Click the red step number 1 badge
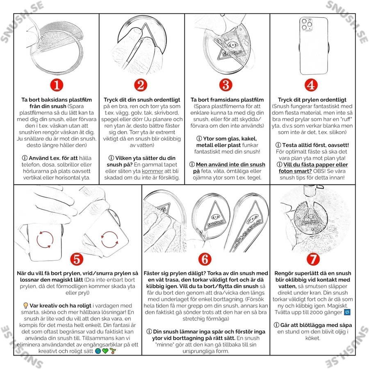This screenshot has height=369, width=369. click(x=57, y=85)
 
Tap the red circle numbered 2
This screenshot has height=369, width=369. click(x=141, y=85)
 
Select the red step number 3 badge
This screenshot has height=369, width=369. click(x=226, y=85)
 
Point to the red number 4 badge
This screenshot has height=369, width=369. click(x=311, y=85)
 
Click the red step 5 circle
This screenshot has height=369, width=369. click(x=77, y=259)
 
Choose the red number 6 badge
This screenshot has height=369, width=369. click(x=205, y=259)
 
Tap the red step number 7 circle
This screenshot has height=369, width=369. click(x=313, y=259)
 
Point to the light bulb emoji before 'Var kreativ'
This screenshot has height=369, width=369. click(x=26, y=306)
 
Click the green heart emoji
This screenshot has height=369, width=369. click(x=105, y=351)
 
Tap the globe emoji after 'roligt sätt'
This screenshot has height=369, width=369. click(x=98, y=351)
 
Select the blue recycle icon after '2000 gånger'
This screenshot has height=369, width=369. click(x=347, y=312)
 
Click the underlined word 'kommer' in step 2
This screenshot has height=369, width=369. click(x=153, y=171)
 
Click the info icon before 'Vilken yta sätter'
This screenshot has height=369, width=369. click(x=111, y=158)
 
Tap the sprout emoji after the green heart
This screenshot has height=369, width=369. click(x=113, y=351)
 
